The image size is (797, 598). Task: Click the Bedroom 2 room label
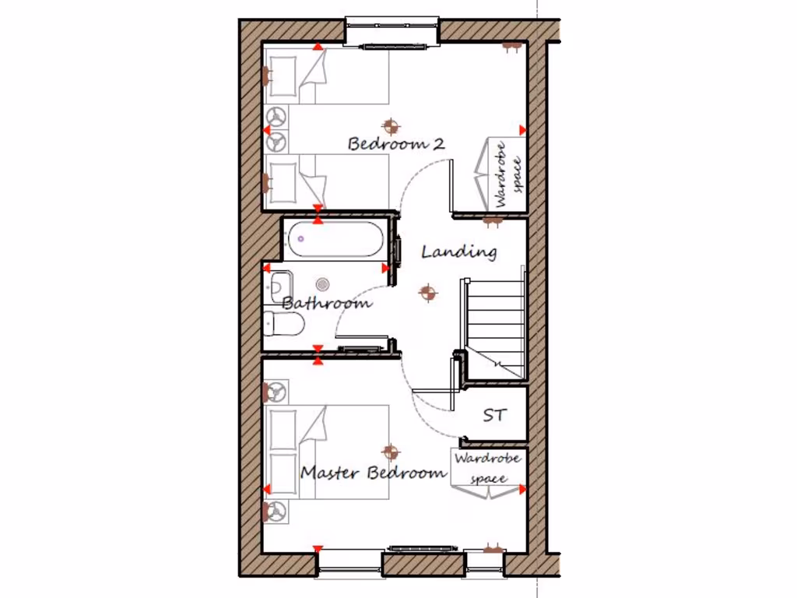[396, 144]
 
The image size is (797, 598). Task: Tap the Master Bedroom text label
[374, 473]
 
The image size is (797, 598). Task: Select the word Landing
[459, 252]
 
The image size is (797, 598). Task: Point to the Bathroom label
[327, 303]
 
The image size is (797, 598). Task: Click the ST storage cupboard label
[493, 415]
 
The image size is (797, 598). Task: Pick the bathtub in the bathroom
[335, 240]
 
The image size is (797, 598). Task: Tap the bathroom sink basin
[279, 286]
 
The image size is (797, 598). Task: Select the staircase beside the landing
[495, 323]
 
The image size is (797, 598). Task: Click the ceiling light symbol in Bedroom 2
[391, 125]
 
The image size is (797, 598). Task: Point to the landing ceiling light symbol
[427, 293]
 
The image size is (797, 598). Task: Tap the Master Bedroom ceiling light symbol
[390, 451]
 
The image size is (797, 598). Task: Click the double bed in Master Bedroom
[327, 449]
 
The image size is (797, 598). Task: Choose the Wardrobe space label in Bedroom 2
[507, 174]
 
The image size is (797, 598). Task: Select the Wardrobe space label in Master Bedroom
[488, 467]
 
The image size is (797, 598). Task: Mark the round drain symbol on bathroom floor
[324, 286]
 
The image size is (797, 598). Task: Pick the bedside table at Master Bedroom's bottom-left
[276, 511]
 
